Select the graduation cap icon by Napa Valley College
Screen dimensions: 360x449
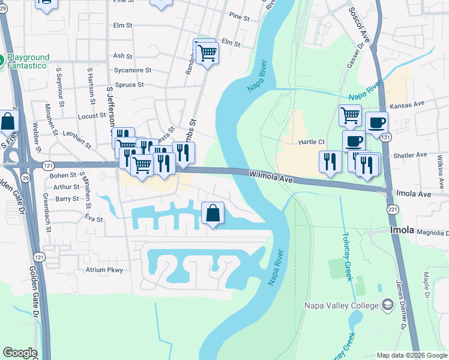click(388, 305)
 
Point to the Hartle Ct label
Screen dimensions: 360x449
click(312, 142)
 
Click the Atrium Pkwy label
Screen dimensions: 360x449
click(104, 270)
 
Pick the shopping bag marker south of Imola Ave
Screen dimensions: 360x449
click(213, 213)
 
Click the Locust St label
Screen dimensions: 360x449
click(92, 115)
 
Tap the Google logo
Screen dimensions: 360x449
click(20, 353)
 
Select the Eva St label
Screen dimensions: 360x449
click(94, 218)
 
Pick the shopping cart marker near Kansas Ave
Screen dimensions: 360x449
click(350, 115)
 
